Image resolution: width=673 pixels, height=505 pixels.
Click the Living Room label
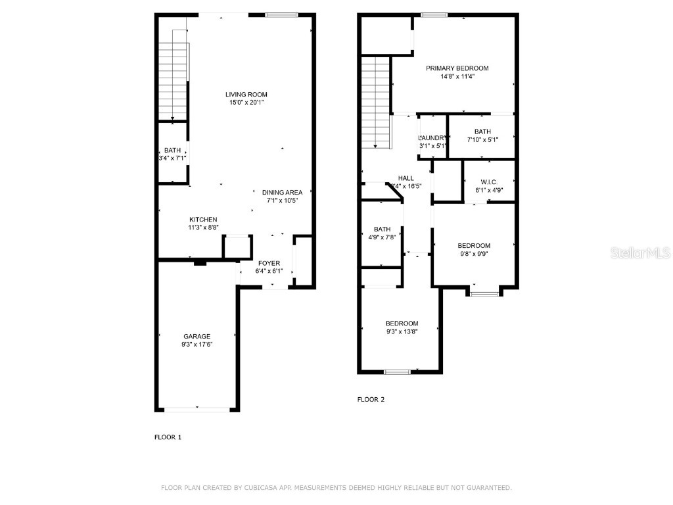[247, 94]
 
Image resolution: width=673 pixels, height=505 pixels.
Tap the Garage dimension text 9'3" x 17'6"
[197, 344]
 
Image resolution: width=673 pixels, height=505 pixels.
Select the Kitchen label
[203, 220]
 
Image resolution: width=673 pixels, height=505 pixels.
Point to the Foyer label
[268, 263]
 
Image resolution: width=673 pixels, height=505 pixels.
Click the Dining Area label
[282, 192]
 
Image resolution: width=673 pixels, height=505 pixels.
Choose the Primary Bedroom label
[457, 68]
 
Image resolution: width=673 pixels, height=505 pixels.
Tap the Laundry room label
[432, 137]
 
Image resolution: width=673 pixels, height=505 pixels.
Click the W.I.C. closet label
[488, 182]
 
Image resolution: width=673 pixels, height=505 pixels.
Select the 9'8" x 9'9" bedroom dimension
[474, 254]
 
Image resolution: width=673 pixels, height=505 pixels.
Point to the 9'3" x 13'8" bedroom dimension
[402, 331]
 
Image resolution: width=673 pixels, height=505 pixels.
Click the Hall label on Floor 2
[406, 178]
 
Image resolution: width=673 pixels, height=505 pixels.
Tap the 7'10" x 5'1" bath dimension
[482, 139]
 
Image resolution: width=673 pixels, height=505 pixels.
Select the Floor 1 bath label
[172, 151]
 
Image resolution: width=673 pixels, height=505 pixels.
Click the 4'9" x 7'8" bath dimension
[382, 237]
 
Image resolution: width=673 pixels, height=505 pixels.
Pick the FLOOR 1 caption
[168, 437]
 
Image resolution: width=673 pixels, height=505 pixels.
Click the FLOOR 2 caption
[371, 399]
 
